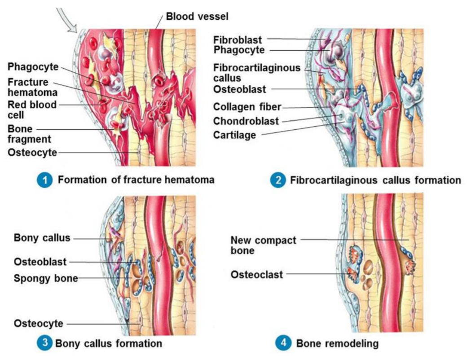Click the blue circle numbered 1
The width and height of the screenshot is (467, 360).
[x=44, y=180]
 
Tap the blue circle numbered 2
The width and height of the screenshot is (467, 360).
[x=278, y=180]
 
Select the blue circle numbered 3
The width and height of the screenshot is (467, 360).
[x=44, y=344]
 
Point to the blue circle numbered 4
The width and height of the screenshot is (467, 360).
[x=282, y=344]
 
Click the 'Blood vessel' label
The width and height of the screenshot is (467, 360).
[x=197, y=17]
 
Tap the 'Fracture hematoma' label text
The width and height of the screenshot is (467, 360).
[x=32, y=88]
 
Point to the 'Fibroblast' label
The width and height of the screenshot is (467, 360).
[x=238, y=40]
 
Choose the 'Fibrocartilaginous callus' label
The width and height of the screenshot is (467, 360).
[x=257, y=73]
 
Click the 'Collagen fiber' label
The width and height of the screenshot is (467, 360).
[x=247, y=107]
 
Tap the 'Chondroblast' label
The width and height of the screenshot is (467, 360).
[x=246, y=121]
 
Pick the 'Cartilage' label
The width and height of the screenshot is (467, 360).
[x=234, y=135]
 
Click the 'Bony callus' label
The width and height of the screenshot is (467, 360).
[x=42, y=237]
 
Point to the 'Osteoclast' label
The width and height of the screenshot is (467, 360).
[x=257, y=274]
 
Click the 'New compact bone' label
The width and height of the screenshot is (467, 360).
[x=263, y=245]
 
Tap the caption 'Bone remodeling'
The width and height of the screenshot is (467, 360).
[x=337, y=344]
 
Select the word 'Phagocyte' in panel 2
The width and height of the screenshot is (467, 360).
[x=239, y=50]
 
